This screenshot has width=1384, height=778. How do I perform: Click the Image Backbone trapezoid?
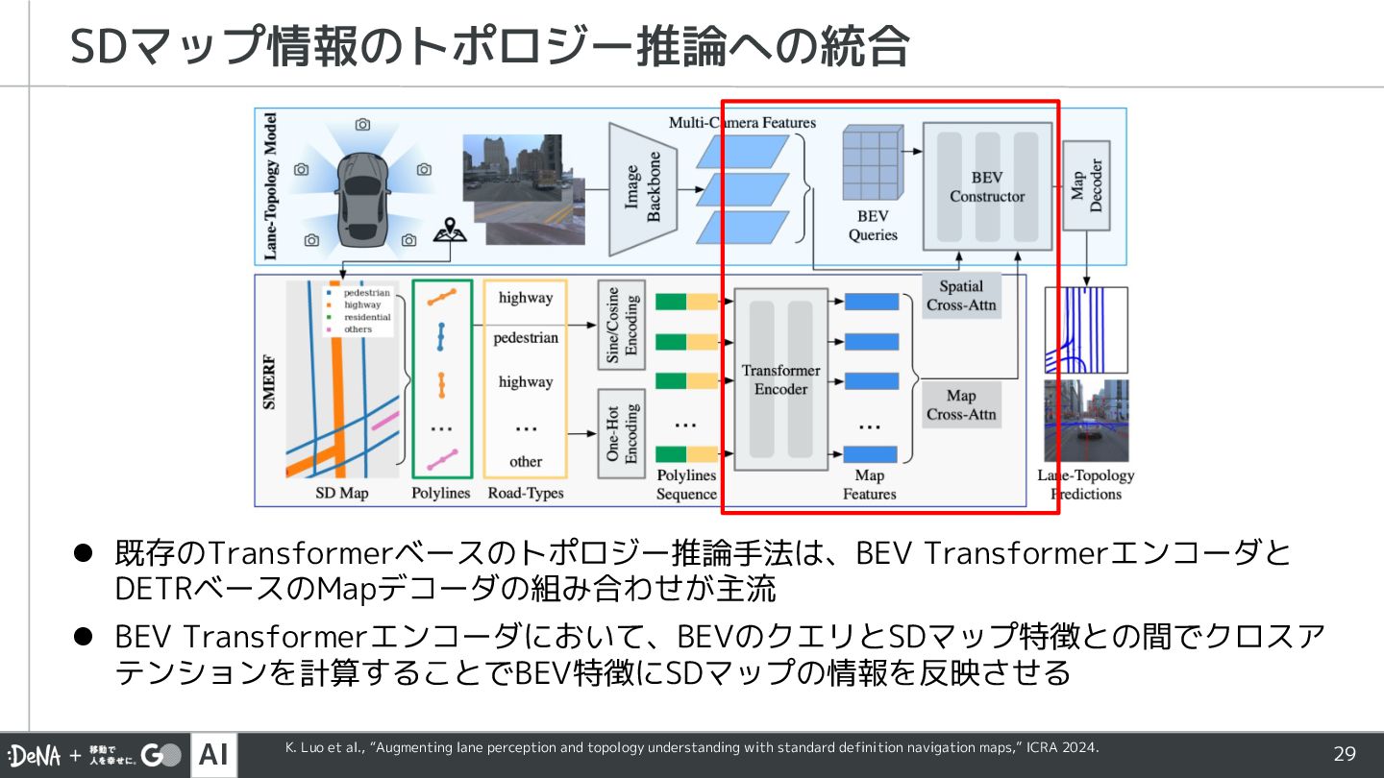pos(643,188)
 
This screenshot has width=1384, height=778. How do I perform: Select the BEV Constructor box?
pos(987,186)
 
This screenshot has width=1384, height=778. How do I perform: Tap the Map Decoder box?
pos(1087,186)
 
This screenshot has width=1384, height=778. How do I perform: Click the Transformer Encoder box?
pos(780,379)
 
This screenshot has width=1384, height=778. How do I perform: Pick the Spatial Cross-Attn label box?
pos(961,296)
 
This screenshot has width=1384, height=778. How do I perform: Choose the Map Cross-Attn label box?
pos(961,405)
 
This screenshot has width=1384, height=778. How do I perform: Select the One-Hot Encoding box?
pos(621,431)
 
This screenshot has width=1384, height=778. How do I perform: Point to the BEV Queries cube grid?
pos(872,162)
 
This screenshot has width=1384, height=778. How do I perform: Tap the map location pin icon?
pos(443,231)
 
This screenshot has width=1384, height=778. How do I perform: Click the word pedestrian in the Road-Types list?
pos(526,338)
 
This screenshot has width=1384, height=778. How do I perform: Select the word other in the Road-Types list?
pos(526,461)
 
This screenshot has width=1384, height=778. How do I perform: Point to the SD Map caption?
pos(342,494)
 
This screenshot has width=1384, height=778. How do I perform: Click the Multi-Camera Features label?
pos(742,122)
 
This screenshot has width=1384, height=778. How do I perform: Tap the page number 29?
pos(1344,754)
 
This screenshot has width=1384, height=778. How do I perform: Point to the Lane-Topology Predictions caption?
pos(1086,484)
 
